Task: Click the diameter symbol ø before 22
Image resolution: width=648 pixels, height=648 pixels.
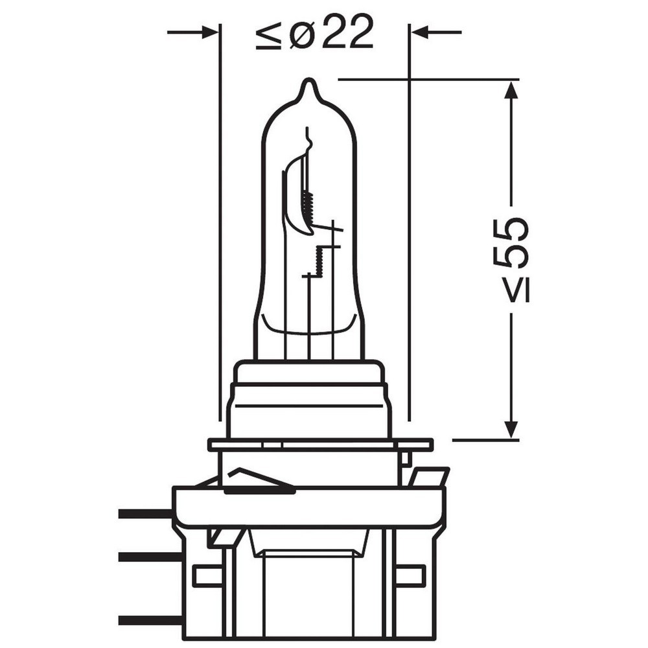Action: [x=301, y=33]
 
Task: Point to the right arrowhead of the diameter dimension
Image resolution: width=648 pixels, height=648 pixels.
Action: [x=419, y=32]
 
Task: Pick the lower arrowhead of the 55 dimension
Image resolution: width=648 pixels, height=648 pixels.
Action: [x=511, y=429]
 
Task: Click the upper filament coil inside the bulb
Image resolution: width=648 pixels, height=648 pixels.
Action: [x=308, y=206]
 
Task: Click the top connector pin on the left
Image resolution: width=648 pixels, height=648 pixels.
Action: [x=145, y=514]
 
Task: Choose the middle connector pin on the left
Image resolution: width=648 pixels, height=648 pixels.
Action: [x=145, y=557]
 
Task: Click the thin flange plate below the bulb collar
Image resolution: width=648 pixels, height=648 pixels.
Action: [x=320, y=445]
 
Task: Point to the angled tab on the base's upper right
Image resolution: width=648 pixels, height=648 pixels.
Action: [x=428, y=476]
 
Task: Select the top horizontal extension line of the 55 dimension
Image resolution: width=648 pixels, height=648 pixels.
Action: [x=428, y=80]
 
